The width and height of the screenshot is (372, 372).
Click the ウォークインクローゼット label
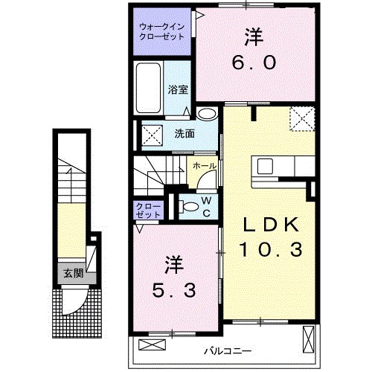tap(162, 33)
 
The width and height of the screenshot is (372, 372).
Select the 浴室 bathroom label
tap(177, 89)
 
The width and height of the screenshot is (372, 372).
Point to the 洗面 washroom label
tap(185, 135)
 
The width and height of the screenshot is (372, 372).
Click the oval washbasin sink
tap(209, 113)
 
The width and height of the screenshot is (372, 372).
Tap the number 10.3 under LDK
tap(270, 250)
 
